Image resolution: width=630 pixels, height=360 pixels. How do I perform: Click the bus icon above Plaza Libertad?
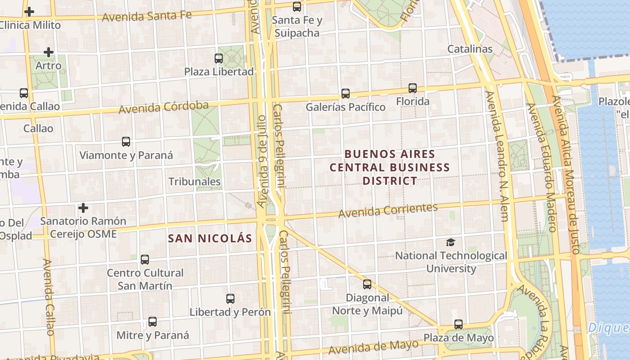pos(219,58)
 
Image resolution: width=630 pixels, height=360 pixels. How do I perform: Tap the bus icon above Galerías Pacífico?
pos(345,94)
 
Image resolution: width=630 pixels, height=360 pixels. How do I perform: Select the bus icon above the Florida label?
pos(413,88)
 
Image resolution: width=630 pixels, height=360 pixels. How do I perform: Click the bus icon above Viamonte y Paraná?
pos(126,142)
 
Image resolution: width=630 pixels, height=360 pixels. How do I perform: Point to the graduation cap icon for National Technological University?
pos(450,242)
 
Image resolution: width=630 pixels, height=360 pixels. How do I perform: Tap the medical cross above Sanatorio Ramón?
pos(83,208)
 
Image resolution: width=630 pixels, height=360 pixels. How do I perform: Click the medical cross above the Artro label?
pos(48,52)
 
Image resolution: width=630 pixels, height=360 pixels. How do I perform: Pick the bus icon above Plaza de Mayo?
pos(458,324)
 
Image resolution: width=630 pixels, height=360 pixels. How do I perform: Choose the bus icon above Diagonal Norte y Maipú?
pos(367,284)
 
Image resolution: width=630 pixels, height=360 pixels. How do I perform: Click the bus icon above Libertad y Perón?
pos(230,298)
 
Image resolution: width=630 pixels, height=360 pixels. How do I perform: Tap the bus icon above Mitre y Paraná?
pos(153,322)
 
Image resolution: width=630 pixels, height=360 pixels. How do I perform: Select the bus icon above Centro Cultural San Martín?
pos(144,259)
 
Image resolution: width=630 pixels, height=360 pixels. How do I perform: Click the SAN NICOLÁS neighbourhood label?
pos(210,238)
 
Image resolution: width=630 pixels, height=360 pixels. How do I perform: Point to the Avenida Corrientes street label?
pos(388,210)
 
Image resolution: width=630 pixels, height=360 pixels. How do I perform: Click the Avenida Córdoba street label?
pos(164,107)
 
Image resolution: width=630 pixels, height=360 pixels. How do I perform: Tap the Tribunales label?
pos(194,181)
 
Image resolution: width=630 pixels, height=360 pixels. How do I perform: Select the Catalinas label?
pos(470,49)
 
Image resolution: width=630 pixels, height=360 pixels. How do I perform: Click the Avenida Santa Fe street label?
pos(147,16)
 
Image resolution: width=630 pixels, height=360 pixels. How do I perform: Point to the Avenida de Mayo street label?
pos(373,347)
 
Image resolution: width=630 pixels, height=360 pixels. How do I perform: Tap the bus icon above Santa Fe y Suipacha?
pos(297,7)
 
